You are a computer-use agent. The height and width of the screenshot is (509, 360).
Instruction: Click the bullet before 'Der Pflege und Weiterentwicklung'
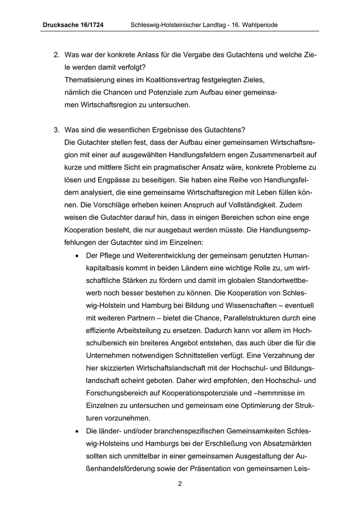(x=77, y=256)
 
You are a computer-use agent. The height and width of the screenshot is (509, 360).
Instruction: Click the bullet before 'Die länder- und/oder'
(x=77, y=430)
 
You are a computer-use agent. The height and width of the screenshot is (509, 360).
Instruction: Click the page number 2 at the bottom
(x=180, y=484)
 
